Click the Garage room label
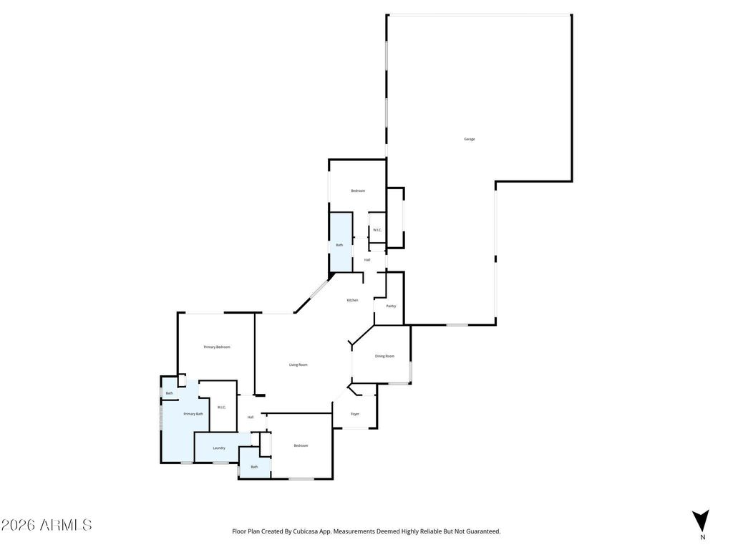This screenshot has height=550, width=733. coord(470,139)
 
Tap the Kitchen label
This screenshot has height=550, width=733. coord(352,300)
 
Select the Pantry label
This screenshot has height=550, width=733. coord(391,306)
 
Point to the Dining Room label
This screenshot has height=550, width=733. coord(384,356)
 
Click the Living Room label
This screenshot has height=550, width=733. coord(298,365)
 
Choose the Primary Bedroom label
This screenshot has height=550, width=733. coord(217,347)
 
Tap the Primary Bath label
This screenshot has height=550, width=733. coord(193,414)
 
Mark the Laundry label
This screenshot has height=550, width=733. coord(219,448)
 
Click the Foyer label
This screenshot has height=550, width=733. coord(355,414)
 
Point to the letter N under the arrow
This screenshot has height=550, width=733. coord(702,537)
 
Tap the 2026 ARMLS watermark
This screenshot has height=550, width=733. coord(47,525)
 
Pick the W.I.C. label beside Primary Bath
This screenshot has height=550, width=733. coord(222,407)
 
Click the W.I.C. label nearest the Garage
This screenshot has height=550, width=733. coord(377,230)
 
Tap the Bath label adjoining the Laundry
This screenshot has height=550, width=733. coord(254,467)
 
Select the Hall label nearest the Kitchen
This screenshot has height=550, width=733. coord(367,260)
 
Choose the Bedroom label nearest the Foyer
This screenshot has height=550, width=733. coord(301,445)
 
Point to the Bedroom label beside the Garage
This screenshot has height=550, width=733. coord(358,190)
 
